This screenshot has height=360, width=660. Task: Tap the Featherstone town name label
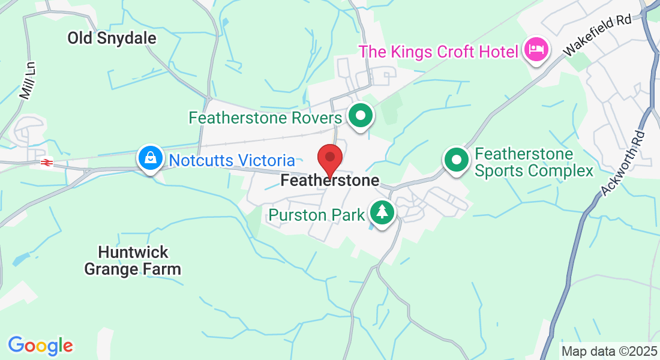(329, 180)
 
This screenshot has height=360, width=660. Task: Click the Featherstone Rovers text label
(265, 117)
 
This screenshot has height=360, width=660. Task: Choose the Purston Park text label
(317, 215)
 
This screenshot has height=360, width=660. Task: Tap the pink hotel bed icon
(535, 49)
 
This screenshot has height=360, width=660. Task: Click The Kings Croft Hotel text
(438, 51)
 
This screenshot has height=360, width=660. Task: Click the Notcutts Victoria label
(232, 161)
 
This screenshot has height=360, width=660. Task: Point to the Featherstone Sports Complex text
(533, 163)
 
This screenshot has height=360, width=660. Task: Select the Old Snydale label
(112, 38)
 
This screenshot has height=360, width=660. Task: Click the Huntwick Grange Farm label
(132, 260)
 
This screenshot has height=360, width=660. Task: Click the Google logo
(40, 346)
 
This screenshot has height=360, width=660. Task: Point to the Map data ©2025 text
(608, 351)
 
